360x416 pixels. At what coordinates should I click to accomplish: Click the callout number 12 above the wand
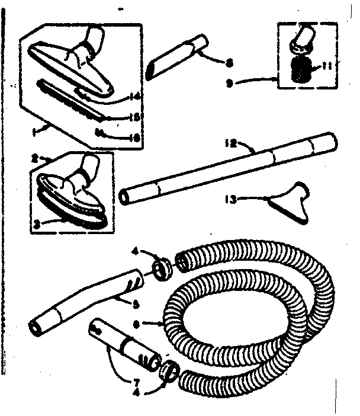[230, 142]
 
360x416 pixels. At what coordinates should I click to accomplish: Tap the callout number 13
[230, 200]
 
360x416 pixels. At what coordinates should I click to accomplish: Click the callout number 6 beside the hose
[153, 324]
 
